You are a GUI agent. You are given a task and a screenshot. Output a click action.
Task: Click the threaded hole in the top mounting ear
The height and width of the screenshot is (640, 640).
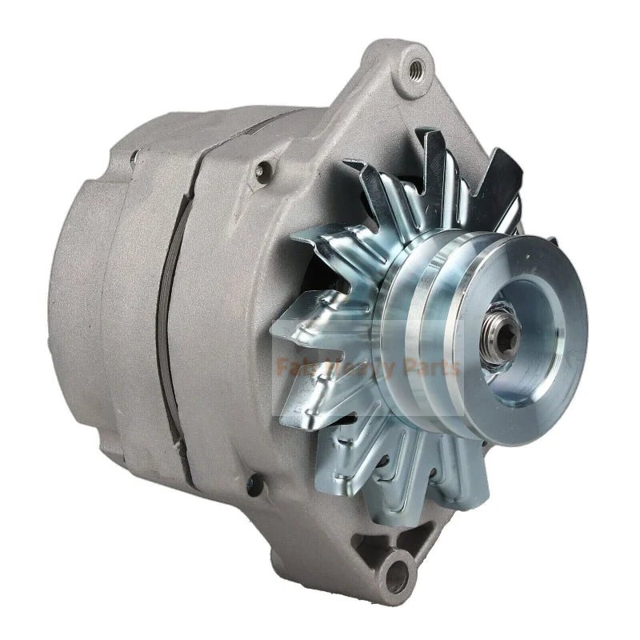tap(415, 70)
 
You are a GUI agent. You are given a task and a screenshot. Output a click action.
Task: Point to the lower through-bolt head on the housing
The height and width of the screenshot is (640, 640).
tap(254, 483)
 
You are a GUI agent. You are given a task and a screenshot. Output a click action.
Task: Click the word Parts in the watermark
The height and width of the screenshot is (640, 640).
tap(432, 368)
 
